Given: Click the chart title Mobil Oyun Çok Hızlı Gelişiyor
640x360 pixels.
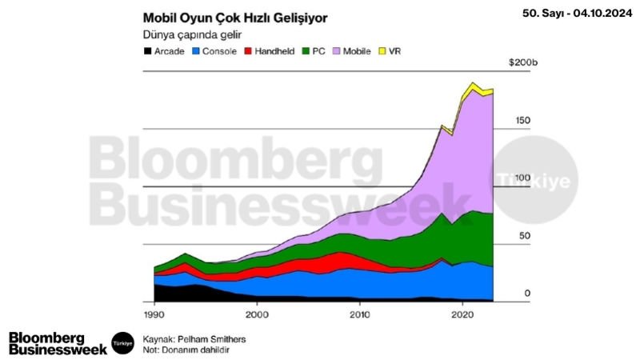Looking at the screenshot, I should (234, 18).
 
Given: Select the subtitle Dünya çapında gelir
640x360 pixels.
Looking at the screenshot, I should (192, 35).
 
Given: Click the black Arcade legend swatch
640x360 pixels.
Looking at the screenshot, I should (147, 51).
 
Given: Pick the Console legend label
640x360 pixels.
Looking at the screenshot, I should (218, 51).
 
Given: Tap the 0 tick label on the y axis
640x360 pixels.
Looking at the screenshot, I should (527, 294).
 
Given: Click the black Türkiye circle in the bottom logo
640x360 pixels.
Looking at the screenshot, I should (122, 342).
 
